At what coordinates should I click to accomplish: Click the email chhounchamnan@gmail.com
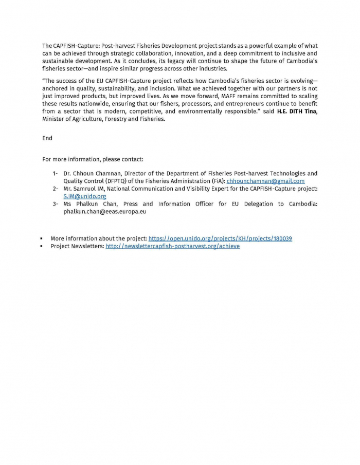(265, 181)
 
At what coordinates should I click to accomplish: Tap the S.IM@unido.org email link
(85, 196)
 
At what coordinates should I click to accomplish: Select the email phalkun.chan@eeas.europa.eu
(105, 211)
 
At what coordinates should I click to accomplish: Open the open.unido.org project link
(220, 238)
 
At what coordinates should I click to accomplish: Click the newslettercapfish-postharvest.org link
(172, 246)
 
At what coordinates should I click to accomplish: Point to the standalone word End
(47, 138)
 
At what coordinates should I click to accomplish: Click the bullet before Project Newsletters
(41, 247)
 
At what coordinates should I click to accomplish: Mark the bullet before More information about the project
(41, 239)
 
